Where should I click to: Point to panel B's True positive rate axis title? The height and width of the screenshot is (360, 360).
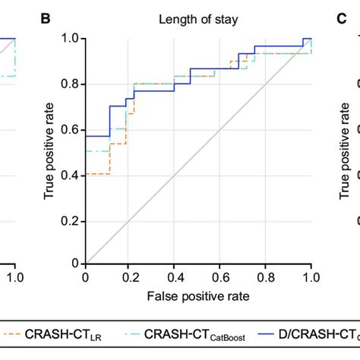(x=49, y=150)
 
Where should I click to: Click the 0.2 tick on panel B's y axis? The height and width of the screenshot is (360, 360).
(x=71, y=220)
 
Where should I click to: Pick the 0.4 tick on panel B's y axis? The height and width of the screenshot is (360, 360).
(x=71, y=175)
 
